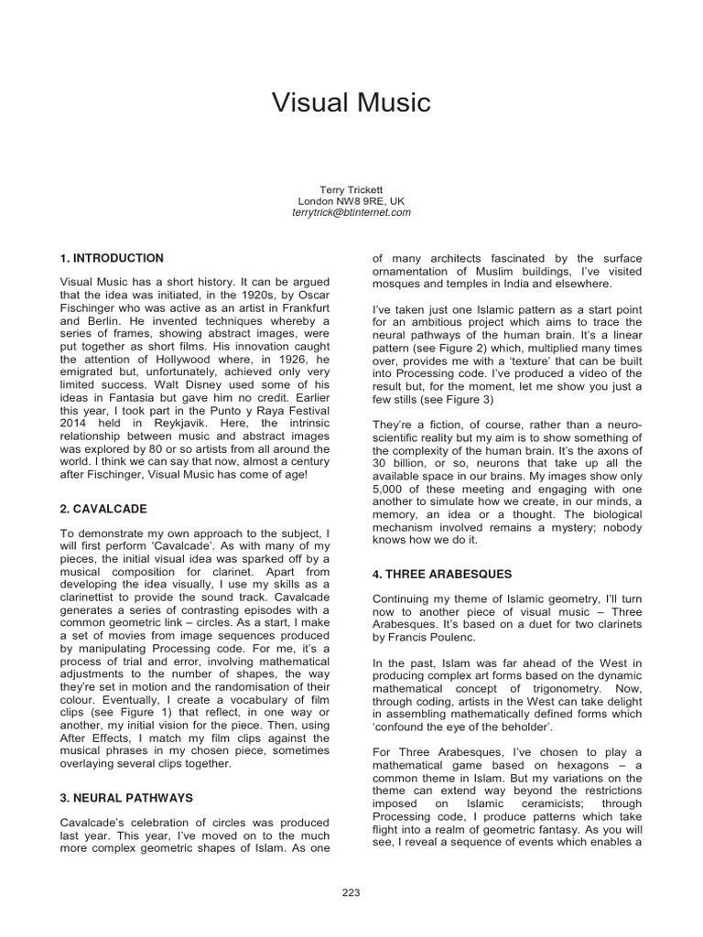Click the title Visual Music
[x=351, y=102]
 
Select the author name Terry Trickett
[x=351, y=188]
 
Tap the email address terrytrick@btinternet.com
[x=351, y=212]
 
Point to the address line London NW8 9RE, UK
[x=351, y=200]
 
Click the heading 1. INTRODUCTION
[x=112, y=259]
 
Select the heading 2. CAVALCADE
[x=103, y=508]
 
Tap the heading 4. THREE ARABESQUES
[x=442, y=574]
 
